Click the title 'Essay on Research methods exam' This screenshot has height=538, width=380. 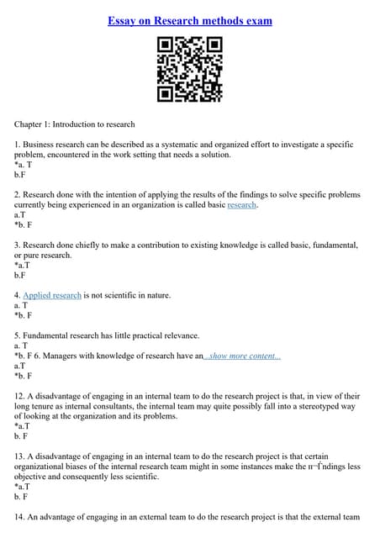point(190,20)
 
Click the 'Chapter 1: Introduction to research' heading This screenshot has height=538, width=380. point(75,124)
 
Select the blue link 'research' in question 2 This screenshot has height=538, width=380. point(242,204)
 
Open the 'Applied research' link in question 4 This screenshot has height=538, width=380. point(52,295)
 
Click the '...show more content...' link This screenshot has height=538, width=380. point(242,356)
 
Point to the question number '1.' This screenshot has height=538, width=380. point(18,145)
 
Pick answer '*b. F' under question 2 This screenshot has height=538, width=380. point(24,224)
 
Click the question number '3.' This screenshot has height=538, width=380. point(18,245)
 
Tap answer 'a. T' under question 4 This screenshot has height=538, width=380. point(21,305)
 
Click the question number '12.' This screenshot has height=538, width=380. point(20,396)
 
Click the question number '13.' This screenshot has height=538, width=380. point(20,456)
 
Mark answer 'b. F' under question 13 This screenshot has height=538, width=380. point(21,497)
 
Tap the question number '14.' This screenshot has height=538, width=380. point(20,517)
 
